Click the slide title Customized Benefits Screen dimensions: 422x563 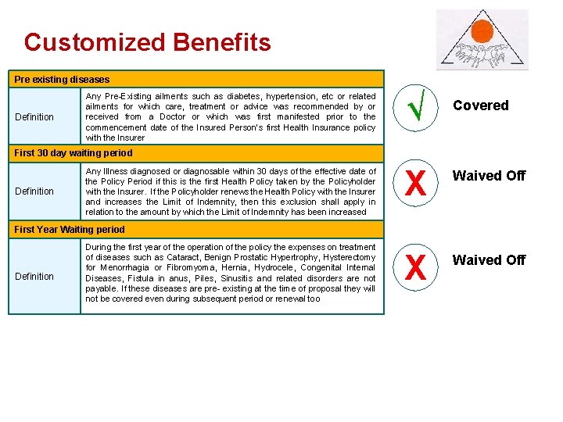tap(147, 42)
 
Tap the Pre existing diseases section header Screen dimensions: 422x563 tap(62, 79)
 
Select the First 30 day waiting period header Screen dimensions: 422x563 tap(74, 152)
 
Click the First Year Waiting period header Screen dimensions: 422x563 tap(70, 229)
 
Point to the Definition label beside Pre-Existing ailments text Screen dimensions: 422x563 tap(34, 117)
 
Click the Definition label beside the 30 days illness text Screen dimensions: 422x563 tap(34, 191)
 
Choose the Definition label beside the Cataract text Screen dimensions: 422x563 tap(34, 276)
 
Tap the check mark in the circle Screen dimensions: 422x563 tap(416, 108)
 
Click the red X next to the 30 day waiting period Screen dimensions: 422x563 tap(416, 184)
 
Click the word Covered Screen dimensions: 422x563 tap(481, 105)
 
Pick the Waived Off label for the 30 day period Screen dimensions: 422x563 tap(489, 176)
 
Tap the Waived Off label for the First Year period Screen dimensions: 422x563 tap(489, 259)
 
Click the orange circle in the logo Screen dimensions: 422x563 tap(482, 32)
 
